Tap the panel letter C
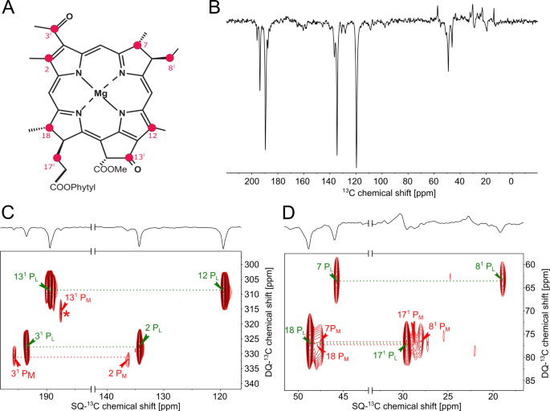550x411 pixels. (9, 213)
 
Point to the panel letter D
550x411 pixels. (291, 213)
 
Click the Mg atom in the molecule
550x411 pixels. (100, 94)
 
